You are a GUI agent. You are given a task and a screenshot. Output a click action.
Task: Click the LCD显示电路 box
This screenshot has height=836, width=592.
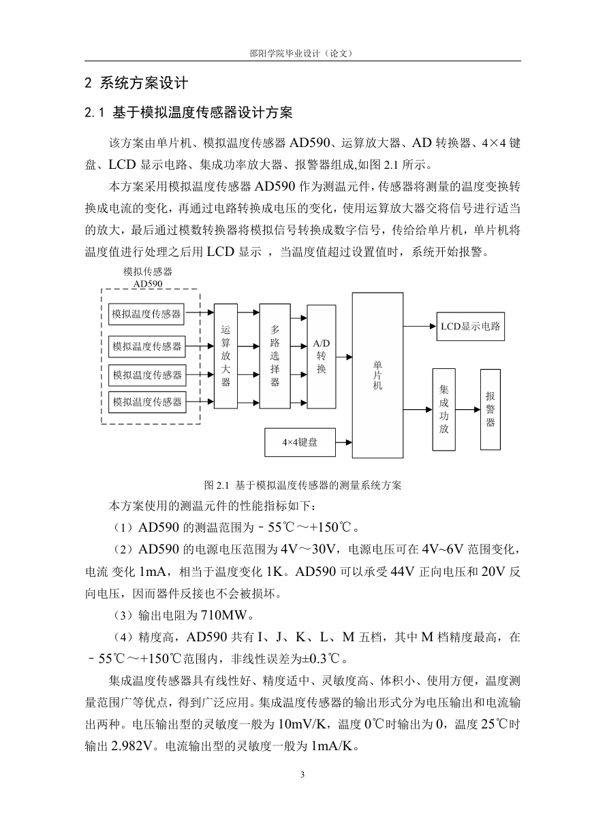click(470, 327)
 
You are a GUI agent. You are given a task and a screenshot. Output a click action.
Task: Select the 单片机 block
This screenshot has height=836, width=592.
click(377, 375)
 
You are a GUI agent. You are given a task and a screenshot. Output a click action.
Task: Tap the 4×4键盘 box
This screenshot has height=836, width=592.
click(300, 443)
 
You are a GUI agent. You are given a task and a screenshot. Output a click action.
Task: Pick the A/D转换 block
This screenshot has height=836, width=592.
click(322, 357)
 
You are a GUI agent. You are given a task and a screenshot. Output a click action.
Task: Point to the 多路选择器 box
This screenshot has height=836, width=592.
click(275, 356)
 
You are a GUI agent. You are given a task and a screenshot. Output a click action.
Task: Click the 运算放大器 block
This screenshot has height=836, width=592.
click(225, 356)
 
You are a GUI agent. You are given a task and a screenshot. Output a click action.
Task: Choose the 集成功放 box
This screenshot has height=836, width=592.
click(443, 409)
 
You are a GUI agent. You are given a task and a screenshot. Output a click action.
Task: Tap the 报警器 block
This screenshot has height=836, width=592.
click(490, 409)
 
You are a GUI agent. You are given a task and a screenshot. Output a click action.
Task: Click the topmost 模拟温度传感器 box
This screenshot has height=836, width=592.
click(146, 314)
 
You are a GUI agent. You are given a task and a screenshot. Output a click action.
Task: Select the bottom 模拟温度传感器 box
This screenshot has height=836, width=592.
click(147, 402)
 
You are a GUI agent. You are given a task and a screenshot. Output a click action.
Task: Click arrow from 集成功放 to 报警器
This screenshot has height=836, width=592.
click(468, 410)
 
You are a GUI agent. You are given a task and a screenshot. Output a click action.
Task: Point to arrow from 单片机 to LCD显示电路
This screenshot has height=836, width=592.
click(420, 327)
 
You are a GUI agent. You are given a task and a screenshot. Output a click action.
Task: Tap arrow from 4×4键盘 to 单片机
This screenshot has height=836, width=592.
click(344, 443)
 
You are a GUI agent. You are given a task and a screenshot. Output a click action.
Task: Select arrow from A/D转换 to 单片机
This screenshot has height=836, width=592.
click(344, 357)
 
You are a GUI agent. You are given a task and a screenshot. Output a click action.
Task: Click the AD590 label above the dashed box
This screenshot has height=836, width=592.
click(148, 284)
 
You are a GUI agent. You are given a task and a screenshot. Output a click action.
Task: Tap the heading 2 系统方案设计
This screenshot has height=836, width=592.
click(136, 83)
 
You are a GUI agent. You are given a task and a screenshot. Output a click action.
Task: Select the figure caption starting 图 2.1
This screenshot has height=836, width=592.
click(302, 485)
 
